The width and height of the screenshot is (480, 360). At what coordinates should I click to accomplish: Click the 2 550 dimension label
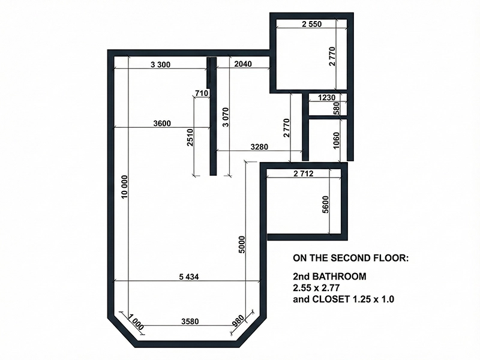311,24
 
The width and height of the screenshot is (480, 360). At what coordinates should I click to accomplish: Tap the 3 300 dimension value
160,65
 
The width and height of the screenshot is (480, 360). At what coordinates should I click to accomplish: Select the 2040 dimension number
243,64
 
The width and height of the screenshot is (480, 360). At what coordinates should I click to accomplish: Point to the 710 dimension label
202,93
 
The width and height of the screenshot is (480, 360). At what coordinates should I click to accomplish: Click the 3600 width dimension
162,124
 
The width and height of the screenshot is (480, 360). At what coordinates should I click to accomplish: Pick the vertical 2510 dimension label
190,137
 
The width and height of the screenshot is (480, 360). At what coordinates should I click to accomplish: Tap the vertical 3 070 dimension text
226,117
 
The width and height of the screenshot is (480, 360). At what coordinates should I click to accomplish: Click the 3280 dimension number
259,147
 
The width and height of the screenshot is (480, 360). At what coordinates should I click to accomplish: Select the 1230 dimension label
326,98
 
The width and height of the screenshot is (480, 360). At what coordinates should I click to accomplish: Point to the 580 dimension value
336,109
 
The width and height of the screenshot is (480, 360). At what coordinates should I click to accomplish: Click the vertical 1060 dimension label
336,140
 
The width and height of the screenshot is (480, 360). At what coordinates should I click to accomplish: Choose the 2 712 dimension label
304,173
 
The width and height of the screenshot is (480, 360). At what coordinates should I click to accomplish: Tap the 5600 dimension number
325,205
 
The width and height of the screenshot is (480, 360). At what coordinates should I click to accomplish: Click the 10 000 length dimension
124,187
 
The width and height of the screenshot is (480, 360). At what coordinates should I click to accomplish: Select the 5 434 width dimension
189,277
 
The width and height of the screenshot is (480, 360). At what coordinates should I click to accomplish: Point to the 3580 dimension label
190,322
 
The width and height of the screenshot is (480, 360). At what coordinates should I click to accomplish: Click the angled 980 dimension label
239,321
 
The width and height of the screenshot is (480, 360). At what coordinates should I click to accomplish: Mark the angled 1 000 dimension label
136,322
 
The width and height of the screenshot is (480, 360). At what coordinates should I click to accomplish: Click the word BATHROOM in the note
339,277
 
